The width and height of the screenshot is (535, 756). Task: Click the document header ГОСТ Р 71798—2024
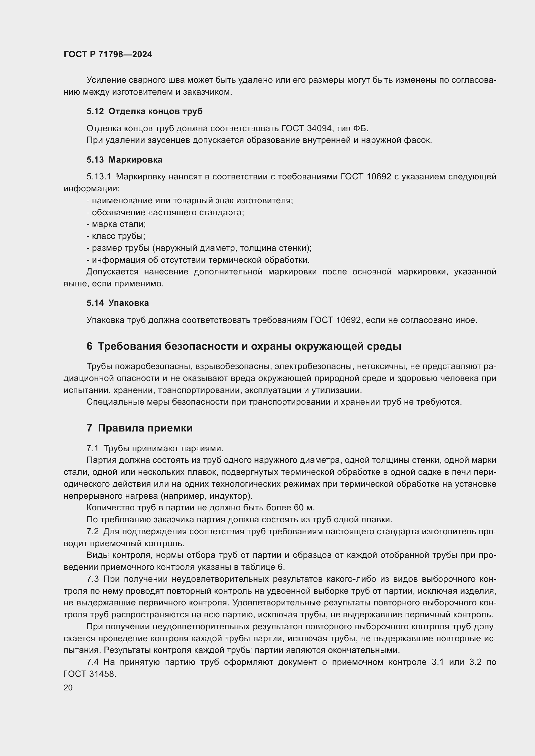pyautogui.click(x=108, y=54)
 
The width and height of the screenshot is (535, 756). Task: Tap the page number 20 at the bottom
pyautogui.click(x=68, y=687)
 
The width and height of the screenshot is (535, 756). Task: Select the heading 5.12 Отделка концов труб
pyautogui.click(x=144, y=111)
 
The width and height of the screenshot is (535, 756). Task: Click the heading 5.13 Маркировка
pyautogui.click(x=124, y=160)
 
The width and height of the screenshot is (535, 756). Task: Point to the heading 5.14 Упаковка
pyautogui.click(x=118, y=303)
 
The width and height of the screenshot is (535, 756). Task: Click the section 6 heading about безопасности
pyautogui.click(x=244, y=346)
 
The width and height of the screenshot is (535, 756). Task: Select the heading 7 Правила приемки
pyautogui.click(x=139, y=428)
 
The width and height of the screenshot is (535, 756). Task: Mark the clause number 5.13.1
pyautogui.click(x=99, y=177)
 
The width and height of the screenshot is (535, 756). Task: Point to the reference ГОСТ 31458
pyautogui.click(x=90, y=674)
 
